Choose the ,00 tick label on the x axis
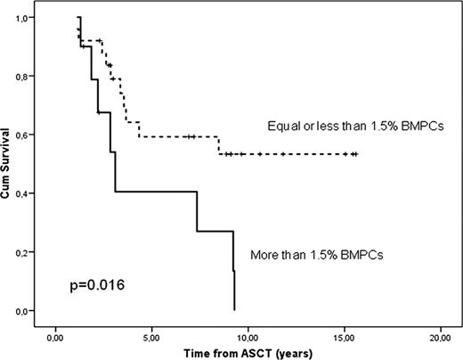tap(55, 337)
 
